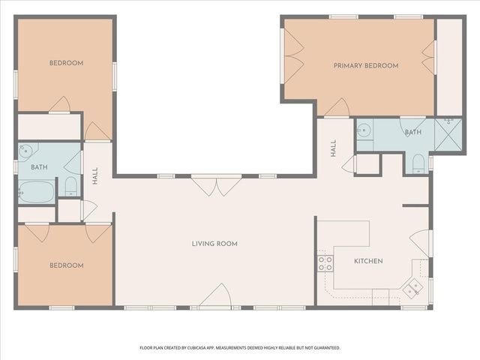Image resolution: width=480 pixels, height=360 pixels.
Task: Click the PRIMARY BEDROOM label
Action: coord(365,66)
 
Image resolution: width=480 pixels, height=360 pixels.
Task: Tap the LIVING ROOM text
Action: coord(214,244)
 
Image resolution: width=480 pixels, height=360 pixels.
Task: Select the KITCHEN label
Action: coord(368,261)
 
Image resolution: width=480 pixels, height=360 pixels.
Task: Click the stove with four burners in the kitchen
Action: coord(325,262)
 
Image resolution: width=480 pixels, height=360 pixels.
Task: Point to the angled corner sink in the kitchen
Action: coord(412,286)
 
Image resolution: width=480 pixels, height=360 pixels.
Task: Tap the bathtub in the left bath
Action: coord(35,191)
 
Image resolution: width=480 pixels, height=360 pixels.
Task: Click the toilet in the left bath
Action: coord(71,186)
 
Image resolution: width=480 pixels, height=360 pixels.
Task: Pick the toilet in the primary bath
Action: coord(419,163)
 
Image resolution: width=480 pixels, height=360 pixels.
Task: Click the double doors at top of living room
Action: coord(216,185)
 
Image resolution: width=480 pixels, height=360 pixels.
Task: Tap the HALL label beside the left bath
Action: coord(95,175)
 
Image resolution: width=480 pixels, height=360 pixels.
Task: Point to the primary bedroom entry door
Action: coord(335,108)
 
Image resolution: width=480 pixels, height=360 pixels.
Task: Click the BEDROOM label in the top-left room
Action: coord(65,63)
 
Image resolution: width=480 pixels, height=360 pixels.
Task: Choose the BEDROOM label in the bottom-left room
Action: coord(65,265)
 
